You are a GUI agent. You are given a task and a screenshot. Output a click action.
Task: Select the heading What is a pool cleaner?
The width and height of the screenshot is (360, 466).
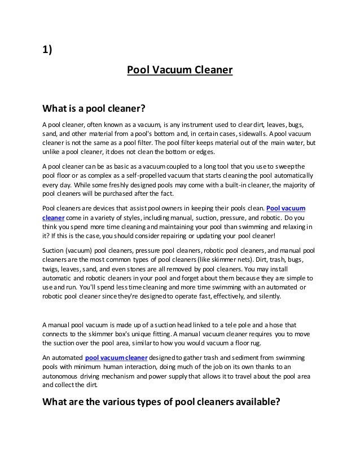tap(94, 107)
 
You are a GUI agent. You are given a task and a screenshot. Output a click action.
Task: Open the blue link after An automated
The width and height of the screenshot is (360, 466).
tap(116, 357)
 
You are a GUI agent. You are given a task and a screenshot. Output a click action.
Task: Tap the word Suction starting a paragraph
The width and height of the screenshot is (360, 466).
tap(55, 249)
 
